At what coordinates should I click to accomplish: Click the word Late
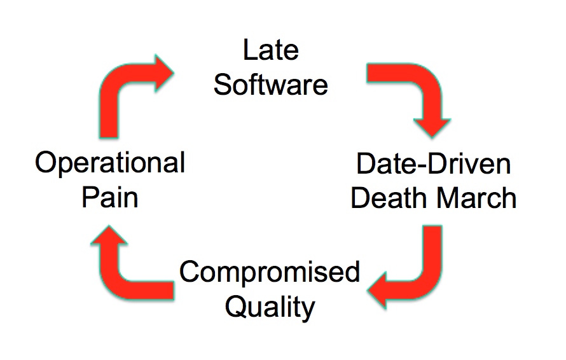[x=271, y=50]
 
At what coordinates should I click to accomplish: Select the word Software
[x=271, y=85]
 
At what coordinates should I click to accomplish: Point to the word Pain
[x=110, y=197]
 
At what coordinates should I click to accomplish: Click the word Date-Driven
[x=434, y=163]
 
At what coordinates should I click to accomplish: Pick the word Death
[x=390, y=198]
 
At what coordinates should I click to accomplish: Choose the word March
[x=477, y=198]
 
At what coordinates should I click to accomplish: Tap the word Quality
[x=270, y=308]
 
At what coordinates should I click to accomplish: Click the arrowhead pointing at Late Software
[x=164, y=73]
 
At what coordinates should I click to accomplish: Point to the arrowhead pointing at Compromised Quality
[x=377, y=291]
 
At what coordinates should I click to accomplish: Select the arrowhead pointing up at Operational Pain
[x=109, y=235]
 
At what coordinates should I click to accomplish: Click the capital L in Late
[x=250, y=50]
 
